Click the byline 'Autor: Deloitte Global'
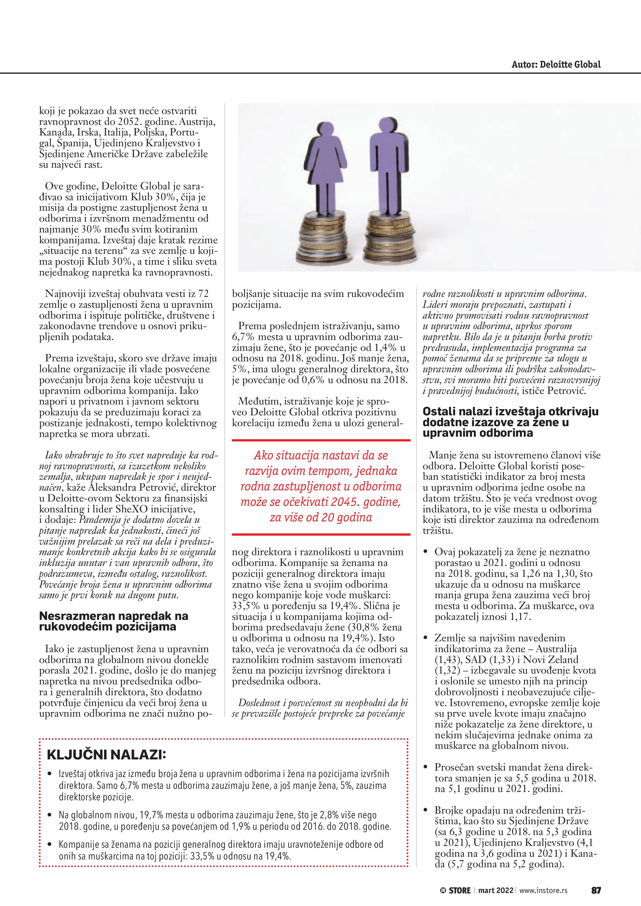pyautogui.click(x=556, y=64)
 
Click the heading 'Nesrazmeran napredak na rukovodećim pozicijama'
pyautogui.click(x=113, y=621)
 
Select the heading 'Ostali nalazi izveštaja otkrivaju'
pyautogui.click(x=510, y=412)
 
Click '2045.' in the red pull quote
pyautogui.click(x=346, y=502)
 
